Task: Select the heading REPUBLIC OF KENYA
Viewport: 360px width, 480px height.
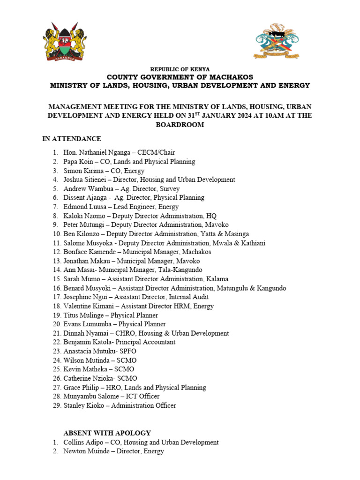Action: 180,69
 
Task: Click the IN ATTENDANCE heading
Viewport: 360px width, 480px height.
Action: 71,139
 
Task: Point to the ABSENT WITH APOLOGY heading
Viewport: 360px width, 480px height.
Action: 107,433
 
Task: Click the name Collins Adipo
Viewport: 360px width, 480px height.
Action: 82,442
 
